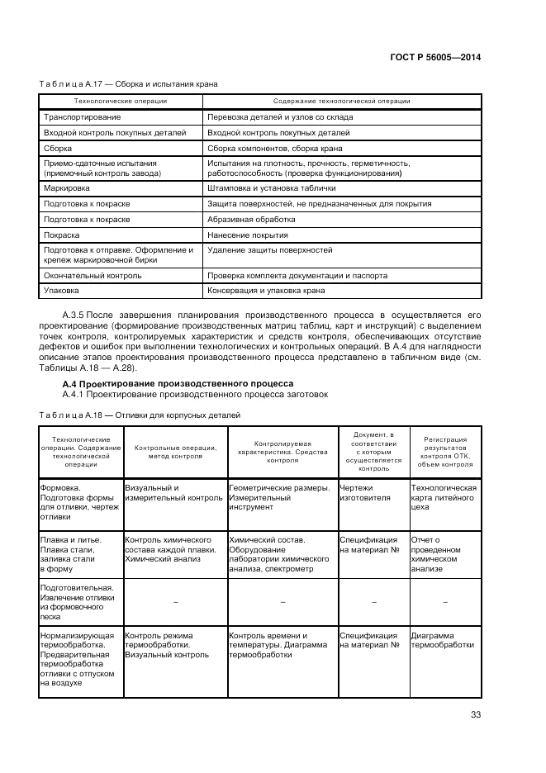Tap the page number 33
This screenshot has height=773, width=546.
click(x=475, y=715)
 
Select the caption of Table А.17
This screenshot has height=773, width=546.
click(x=129, y=84)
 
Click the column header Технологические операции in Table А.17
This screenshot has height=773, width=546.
click(x=121, y=102)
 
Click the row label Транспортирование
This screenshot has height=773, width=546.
click(x=75, y=117)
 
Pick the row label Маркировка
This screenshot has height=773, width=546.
click(x=67, y=188)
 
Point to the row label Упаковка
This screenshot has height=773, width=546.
click(x=62, y=291)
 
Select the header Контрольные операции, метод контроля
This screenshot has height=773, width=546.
click(x=175, y=451)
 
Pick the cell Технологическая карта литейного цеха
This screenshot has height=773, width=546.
click(x=444, y=498)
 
